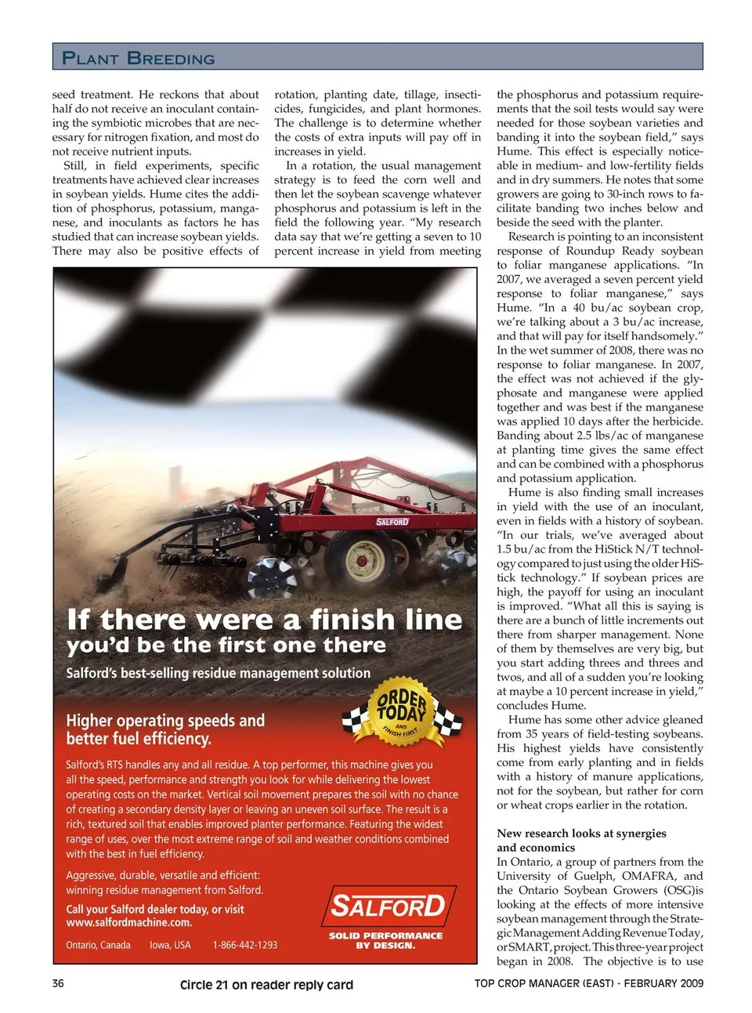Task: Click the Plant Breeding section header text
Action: click(139, 58)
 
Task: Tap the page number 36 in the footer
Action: click(58, 983)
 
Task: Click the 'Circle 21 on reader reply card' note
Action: click(266, 985)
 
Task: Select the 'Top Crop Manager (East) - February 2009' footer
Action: click(588, 983)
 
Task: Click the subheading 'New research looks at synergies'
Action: click(581, 834)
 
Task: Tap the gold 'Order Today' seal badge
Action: click(402, 710)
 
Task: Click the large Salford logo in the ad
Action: click(388, 906)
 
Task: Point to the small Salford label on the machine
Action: click(392, 522)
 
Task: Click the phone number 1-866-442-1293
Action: click(245, 945)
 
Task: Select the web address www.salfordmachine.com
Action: click(128, 922)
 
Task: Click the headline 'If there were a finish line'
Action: click(265, 620)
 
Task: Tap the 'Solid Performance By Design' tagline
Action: click(385, 940)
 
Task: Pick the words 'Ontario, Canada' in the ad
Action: click(98, 945)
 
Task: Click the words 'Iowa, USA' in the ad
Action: click(170, 945)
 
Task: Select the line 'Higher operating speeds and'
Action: click(165, 720)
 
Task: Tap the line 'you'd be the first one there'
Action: click(226, 646)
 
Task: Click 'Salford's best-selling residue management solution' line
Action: click(218, 673)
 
